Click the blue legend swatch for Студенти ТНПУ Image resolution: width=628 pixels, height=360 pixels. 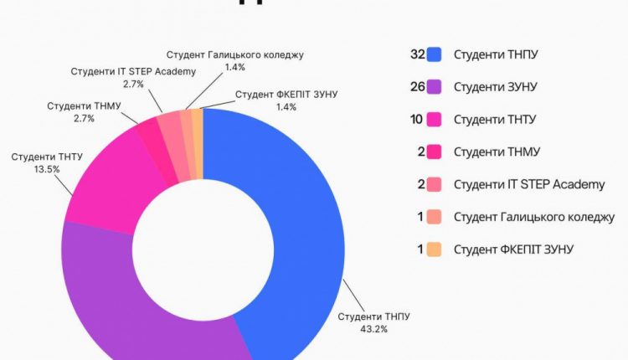pyautogui.click(x=434, y=55)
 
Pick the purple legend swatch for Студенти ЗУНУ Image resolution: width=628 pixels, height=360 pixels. pyautogui.click(x=434, y=87)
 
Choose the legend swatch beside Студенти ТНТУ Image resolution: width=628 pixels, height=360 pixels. pyautogui.click(x=434, y=120)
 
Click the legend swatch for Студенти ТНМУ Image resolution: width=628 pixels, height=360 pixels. pyautogui.click(x=434, y=152)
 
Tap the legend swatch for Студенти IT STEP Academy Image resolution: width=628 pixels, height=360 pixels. pyautogui.click(x=434, y=184)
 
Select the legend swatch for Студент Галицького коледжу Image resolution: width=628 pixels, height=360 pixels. pyautogui.click(x=434, y=217)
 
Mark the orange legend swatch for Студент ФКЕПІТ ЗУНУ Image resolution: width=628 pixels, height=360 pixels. pyautogui.click(x=434, y=249)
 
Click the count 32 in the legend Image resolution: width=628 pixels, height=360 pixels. pyautogui.click(x=417, y=55)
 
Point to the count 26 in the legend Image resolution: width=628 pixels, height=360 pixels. pyautogui.click(x=417, y=87)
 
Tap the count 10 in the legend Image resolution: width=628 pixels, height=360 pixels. pyautogui.click(x=417, y=120)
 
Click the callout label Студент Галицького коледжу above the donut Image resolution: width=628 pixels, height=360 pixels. pyautogui.click(x=234, y=54)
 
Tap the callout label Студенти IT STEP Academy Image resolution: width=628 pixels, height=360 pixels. pyautogui.click(x=133, y=72)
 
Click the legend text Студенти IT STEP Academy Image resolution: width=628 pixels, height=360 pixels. pyautogui.click(x=528, y=184)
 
